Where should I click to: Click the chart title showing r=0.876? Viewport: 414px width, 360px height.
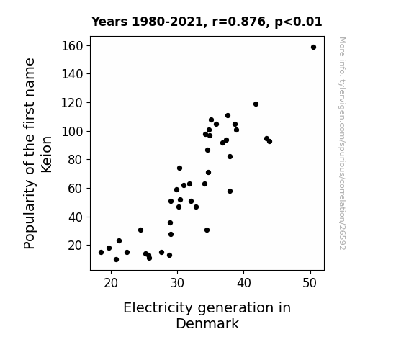click(x=207, y=22)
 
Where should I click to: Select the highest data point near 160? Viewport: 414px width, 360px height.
click(x=313, y=48)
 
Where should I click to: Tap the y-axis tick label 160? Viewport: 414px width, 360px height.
click(x=72, y=46)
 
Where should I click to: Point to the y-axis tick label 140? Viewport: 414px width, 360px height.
click(x=72, y=74)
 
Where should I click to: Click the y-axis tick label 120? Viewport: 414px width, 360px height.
click(x=72, y=103)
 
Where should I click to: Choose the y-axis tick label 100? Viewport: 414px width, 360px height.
click(x=72, y=131)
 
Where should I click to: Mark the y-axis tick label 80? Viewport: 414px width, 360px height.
click(x=76, y=160)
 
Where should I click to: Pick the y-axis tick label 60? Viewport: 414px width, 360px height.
click(x=76, y=189)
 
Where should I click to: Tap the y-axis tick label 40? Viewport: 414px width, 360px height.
click(x=76, y=217)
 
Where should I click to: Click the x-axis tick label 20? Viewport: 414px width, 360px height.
click(x=111, y=284)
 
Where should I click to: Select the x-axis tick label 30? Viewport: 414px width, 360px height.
click(x=177, y=284)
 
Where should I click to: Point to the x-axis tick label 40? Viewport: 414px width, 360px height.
click(x=243, y=284)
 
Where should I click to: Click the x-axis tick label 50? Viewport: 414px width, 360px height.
click(x=310, y=284)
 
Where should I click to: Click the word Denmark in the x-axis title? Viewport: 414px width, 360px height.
click(x=207, y=324)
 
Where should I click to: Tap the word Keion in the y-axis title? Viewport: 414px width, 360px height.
click(x=47, y=155)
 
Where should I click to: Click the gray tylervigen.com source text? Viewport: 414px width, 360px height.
click(x=342, y=143)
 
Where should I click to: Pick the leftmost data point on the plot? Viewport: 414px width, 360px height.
click(x=101, y=253)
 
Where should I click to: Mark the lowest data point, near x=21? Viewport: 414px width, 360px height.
click(x=116, y=260)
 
